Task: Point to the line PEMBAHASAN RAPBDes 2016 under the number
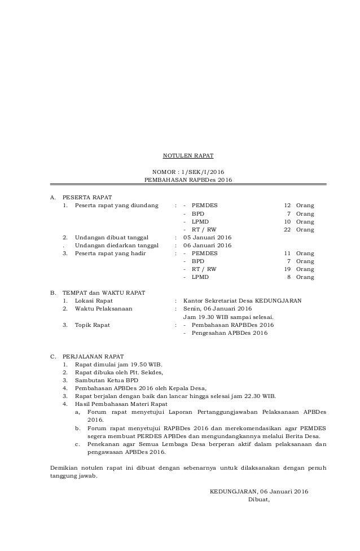pos(188,180)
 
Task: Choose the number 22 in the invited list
pos(287,230)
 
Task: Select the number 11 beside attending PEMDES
pos(287,253)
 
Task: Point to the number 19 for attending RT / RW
pos(287,269)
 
